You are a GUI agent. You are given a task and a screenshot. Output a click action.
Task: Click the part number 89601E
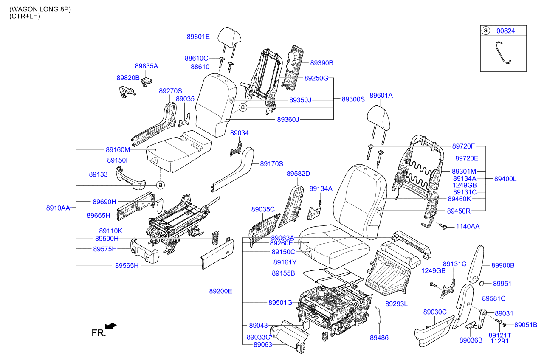(x=198, y=37)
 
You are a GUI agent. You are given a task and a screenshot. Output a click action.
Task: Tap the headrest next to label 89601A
(x=379, y=125)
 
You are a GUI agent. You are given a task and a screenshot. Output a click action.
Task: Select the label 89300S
(x=353, y=99)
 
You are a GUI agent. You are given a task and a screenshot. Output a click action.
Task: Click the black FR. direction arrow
(x=111, y=326)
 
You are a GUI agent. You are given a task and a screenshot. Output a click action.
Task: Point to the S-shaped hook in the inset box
(x=503, y=53)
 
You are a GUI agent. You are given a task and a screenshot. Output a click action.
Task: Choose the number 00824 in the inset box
(x=505, y=31)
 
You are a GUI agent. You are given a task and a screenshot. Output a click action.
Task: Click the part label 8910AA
(x=58, y=208)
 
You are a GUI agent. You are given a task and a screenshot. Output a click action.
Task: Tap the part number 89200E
(x=220, y=291)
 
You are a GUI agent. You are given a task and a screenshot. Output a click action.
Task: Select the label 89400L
(x=505, y=179)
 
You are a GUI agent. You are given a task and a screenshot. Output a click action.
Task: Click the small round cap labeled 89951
(x=482, y=284)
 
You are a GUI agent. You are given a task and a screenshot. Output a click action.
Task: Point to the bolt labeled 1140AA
(x=443, y=226)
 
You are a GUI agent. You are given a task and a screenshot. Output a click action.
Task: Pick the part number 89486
(x=379, y=338)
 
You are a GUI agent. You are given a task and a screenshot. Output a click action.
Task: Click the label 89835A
(x=147, y=66)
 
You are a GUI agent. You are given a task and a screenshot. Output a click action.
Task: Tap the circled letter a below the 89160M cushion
(x=161, y=185)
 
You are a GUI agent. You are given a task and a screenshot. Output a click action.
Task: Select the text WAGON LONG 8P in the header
(x=40, y=9)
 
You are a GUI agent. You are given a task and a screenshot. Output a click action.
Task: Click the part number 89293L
(x=396, y=304)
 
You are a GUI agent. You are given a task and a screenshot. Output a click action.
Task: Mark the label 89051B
(x=525, y=325)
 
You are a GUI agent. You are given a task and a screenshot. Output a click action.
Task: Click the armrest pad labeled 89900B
(x=476, y=264)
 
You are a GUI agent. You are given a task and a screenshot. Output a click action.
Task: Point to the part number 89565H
(x=127, y=266)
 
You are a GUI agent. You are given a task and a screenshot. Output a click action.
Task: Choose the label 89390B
(x=321, y=63)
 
